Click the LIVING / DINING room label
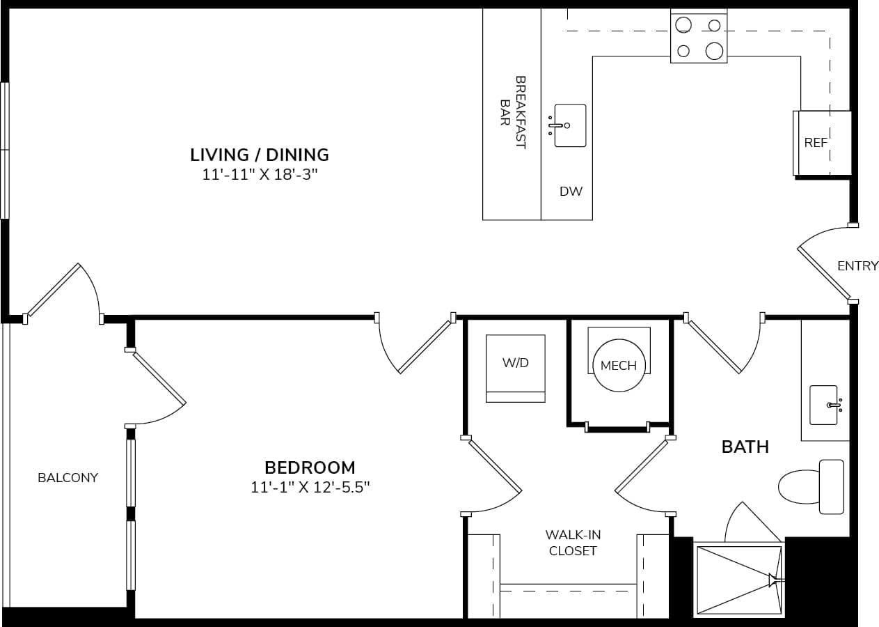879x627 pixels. [x=260, y=154]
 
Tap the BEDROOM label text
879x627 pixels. [x=310, y=467]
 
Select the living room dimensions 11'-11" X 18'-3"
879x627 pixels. [x=260, y=175]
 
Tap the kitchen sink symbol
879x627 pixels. [x=569, y=125]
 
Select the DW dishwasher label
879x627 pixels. [x=571, y=192]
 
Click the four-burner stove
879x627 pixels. [x=698, y=38]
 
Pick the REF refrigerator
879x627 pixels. [x=821, y=143]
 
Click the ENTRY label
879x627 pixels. [x=857, y=266]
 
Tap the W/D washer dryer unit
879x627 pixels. [x=515, y=368]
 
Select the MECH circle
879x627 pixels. [x=619, y=366]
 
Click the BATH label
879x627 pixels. [x=745, y=447]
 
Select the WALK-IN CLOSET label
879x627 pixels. [x=573, y=543]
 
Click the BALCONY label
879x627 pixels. [x=68, y=478]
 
